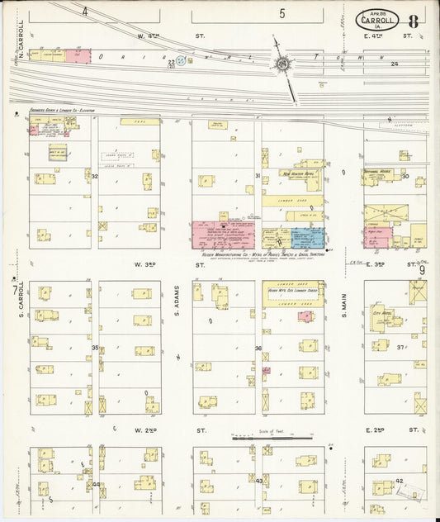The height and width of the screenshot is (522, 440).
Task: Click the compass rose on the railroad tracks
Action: click(x=282, y=64)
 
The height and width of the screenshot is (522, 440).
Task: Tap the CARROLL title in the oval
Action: click(x=382, y=20)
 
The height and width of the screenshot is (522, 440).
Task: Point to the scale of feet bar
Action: click(x=272, y=436)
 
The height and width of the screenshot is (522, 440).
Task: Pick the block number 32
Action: click(x=95, y=176)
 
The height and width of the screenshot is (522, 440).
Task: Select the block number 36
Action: click(x=258, y=349)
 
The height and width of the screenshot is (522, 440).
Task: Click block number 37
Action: click(x=402, y=348)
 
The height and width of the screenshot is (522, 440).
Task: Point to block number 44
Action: click(x=96, y=484)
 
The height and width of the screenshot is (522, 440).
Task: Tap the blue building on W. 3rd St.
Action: click(x=307, y=238)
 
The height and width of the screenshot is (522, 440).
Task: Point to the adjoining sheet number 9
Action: click(x=421, y=269)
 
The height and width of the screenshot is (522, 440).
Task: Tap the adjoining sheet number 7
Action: click(x=13, y=288)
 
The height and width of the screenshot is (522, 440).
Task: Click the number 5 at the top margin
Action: click(x=282, y=13)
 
